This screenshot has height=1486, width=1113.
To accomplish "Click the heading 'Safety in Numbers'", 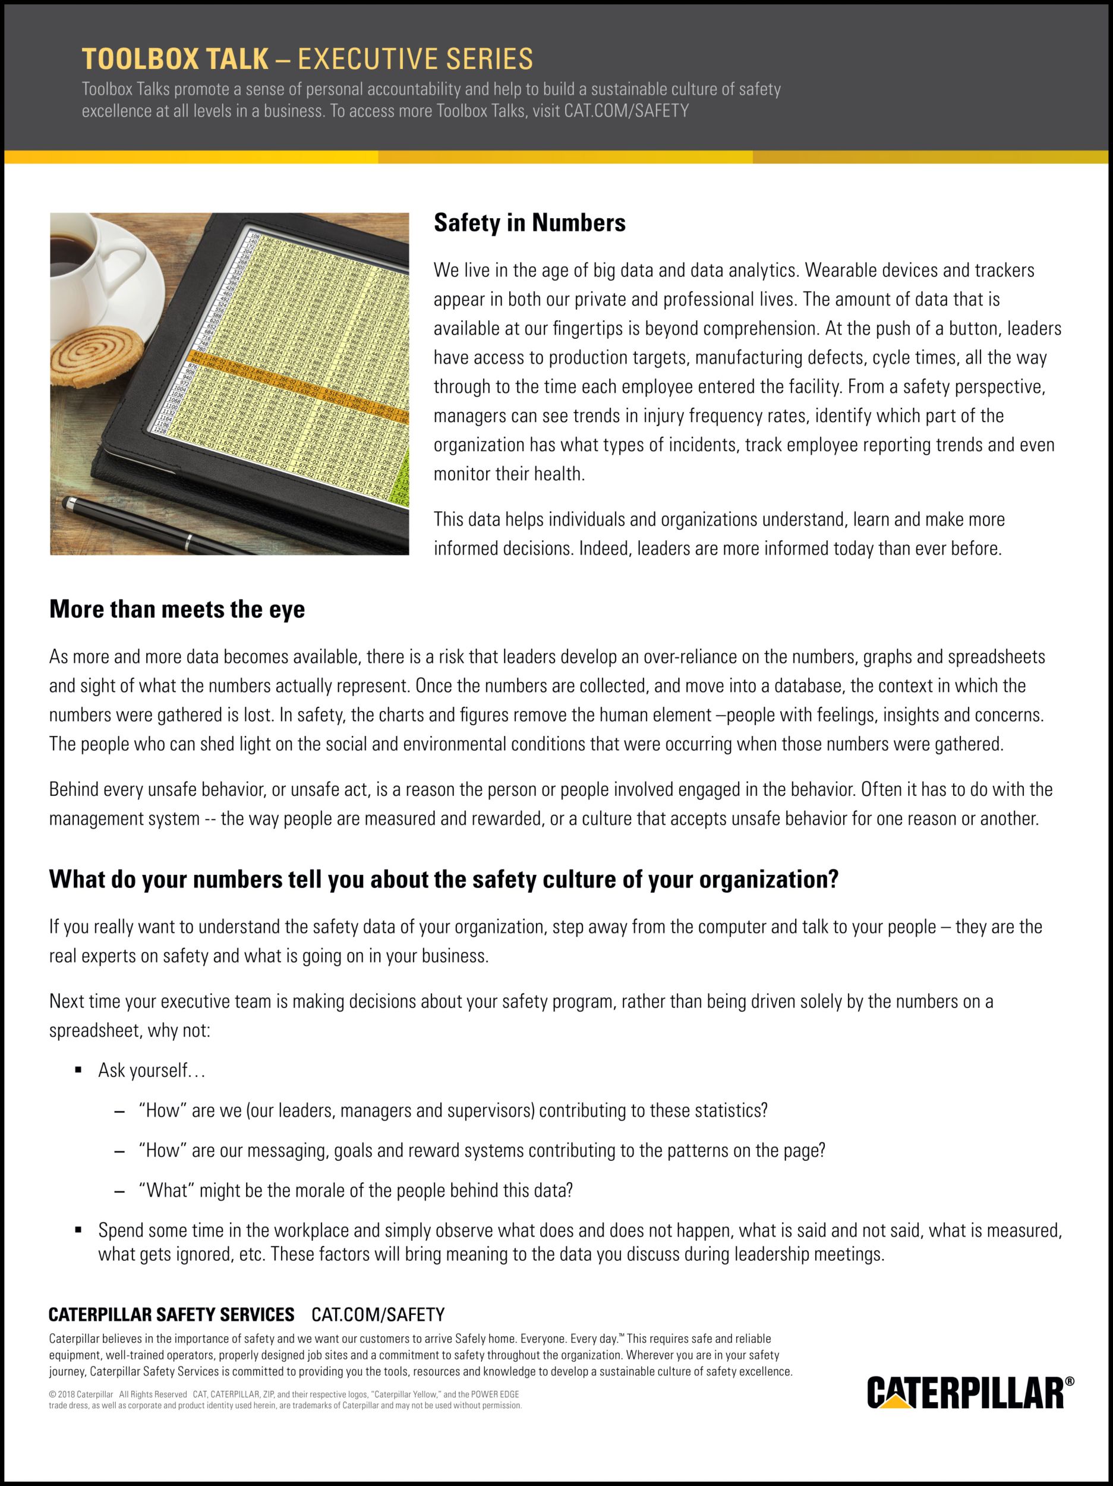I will (x=529, y=223).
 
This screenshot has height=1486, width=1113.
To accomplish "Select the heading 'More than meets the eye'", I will (x=176, y=609).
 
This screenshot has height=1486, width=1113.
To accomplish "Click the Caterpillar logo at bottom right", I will (x=965, y=1393).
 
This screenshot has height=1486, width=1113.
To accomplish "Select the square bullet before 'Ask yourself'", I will (x=78, y=1068).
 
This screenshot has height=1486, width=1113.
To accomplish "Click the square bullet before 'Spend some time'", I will (x=78, y=1229).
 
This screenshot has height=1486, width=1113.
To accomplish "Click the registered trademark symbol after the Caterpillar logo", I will (x=1070, y=1381).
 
